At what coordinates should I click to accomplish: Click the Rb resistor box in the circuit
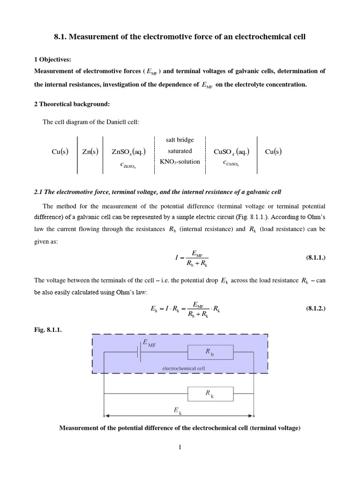pos(210,352)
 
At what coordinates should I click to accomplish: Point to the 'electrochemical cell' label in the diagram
pos(184,368)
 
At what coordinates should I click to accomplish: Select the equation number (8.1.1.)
pos(315,258)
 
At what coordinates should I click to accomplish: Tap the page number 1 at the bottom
pos(180,447)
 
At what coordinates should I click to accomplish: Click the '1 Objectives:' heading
pos(53,60)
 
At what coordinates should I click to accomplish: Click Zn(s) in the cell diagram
pos(90,151)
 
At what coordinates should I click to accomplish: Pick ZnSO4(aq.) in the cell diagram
pos(128,151)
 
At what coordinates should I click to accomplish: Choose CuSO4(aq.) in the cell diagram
pos(231,151)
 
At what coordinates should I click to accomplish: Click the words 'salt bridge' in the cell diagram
pos(180,140)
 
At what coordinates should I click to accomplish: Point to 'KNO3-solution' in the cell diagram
pos(180,162)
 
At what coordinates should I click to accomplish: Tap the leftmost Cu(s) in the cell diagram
pos(60,151)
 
